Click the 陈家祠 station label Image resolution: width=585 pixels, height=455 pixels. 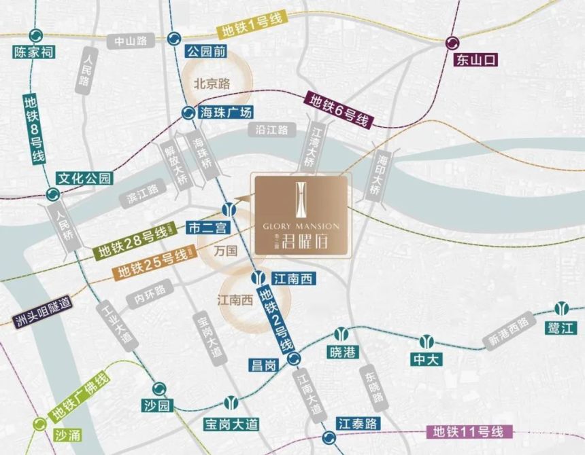[34, 52]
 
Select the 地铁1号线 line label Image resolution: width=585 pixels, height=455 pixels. [251, 31]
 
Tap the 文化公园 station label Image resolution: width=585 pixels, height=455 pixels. [84, 179]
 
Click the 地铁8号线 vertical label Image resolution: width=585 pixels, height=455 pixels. [33, 129]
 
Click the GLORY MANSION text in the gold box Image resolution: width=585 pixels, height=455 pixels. [300, 226]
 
